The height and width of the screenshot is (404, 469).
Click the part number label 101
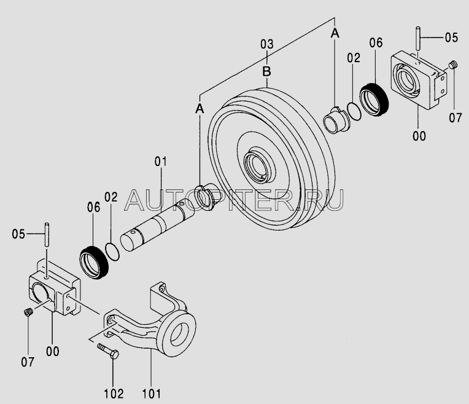point(152,394)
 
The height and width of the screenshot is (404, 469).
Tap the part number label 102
point(114,394)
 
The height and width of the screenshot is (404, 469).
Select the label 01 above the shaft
point(161,162)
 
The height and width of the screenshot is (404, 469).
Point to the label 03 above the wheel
point(267,44)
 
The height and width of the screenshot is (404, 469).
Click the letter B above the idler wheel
point(267,71)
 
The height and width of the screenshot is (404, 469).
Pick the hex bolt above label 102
point(108,352)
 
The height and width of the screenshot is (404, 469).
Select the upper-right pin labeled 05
point(418,38)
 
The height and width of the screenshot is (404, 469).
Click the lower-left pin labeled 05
point(47,234)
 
